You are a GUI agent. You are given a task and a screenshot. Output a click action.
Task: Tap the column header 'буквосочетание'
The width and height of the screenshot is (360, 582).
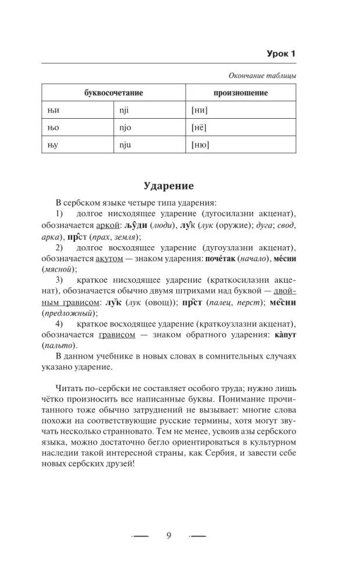point(113,93)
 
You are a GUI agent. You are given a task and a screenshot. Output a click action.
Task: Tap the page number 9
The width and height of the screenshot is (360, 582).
point(168,536)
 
